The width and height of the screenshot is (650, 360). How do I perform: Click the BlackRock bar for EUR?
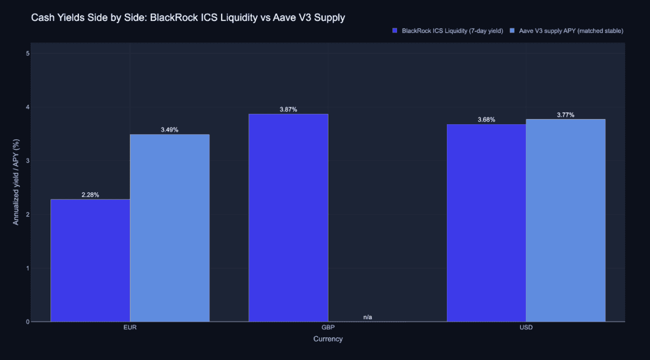coord(91,261)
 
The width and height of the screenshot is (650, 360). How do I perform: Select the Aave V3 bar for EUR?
coord(169,228)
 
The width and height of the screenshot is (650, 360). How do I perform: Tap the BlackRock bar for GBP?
coord(288,218)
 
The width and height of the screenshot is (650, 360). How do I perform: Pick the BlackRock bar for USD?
coord(486,223)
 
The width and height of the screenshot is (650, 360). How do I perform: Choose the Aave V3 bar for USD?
coord(565,220)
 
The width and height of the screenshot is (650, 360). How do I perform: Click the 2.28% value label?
coord(91,195)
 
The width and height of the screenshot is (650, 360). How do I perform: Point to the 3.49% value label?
coord(169,130)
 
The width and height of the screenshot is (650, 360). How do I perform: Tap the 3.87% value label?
coord(288,110)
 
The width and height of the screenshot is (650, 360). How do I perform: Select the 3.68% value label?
coord(486,120)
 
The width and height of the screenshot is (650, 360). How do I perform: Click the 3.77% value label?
coord(565,115)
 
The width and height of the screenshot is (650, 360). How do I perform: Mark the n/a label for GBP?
coord(368,317)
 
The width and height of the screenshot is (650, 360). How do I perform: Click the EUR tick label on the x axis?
coord(130,327)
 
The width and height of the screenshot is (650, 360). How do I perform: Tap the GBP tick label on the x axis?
coord(328,327)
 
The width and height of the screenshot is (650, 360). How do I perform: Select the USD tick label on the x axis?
coord(526,327)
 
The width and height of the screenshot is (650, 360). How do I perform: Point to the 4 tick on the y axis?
coord(27,107)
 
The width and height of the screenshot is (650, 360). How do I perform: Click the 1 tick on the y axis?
coord(27,268)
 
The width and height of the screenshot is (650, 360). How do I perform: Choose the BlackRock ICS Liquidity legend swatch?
coord(395,31)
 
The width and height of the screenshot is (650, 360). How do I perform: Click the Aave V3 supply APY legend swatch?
coord(512,31)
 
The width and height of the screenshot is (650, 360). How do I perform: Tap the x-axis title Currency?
coord(328,339)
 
